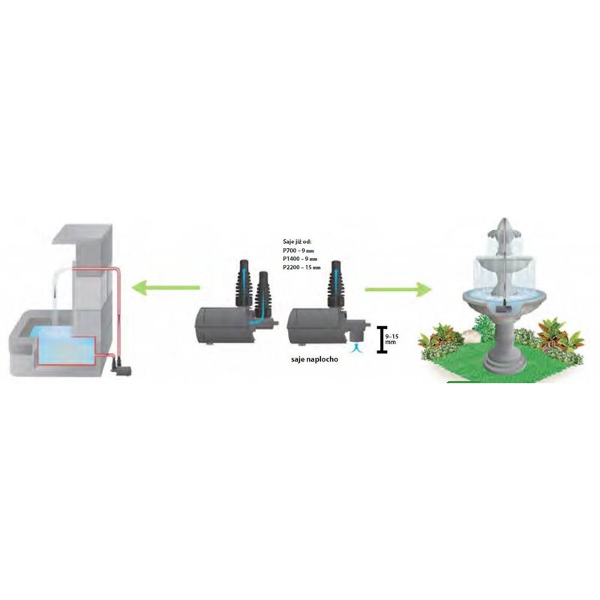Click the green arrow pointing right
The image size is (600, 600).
tap(395, 287)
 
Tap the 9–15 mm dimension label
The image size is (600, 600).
tap(391, 338)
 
